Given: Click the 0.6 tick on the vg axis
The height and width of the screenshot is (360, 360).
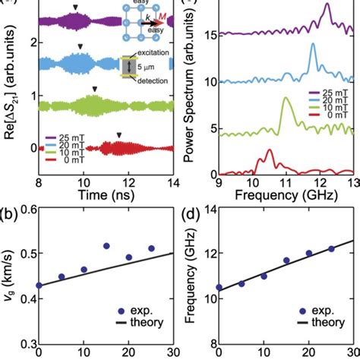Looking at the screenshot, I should [21, 222].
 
